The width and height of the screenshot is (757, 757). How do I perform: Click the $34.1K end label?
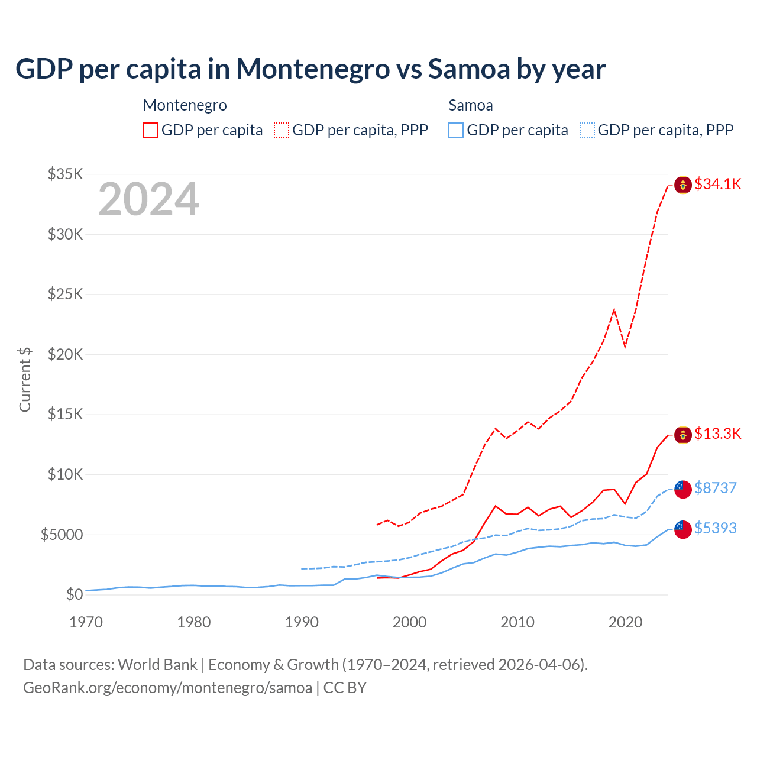point(717,184)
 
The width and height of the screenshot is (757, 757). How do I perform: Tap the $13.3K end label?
point(717,434)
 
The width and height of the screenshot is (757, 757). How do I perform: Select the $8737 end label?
point(716,488)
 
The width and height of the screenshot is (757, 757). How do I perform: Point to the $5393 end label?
point(716,528)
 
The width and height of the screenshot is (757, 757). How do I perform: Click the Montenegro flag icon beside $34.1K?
point(683,185)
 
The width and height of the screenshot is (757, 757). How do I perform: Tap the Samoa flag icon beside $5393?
point(683,529)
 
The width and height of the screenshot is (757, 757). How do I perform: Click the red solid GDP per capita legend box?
point(151,130)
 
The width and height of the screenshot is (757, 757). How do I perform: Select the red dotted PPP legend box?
point(282,130)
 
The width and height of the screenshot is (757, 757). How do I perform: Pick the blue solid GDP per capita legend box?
point(456,130)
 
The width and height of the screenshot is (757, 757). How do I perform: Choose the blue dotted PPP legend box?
point(587,130)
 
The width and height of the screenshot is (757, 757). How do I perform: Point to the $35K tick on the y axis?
point(65,174)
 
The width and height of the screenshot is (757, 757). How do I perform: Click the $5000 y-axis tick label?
point(62,535)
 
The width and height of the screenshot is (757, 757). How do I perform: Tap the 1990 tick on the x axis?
point(302,622)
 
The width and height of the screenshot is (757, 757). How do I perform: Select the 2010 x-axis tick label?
point(517,622)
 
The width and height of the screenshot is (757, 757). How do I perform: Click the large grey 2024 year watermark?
point(148,199)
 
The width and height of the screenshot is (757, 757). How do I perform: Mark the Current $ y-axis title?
point(25,379)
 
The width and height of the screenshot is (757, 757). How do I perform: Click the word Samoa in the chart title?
point(469,69)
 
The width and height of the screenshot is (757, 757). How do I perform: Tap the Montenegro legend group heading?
point(185,105)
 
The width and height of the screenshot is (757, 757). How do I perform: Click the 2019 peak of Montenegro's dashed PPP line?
point(614,309)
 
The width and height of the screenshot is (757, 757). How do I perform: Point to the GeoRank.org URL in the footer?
point(167,688)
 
